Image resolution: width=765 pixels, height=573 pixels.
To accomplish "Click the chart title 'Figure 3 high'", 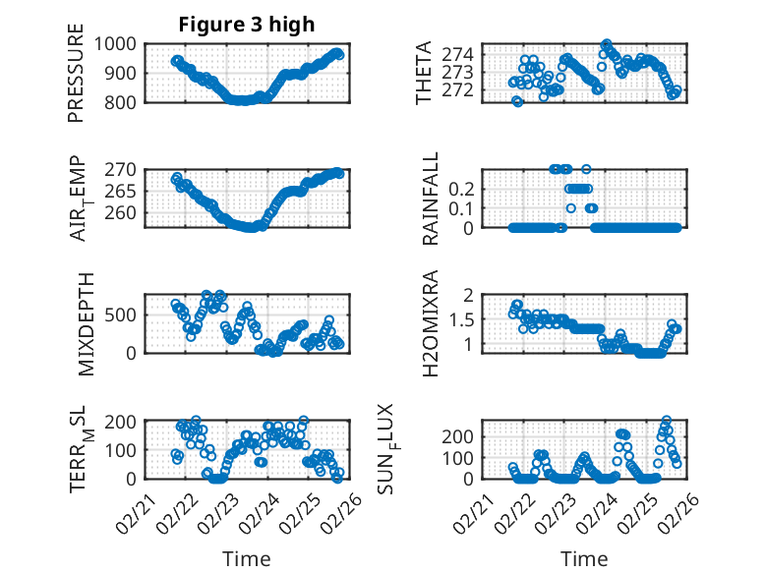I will point(246,25).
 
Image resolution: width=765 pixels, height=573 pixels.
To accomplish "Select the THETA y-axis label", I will point(423,72).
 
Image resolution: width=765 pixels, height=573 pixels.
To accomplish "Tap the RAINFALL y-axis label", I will point(431,199).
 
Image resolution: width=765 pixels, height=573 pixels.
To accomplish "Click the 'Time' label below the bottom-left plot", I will point(246,558).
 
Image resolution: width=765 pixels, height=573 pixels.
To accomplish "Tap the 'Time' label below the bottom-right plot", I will point(584,558).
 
